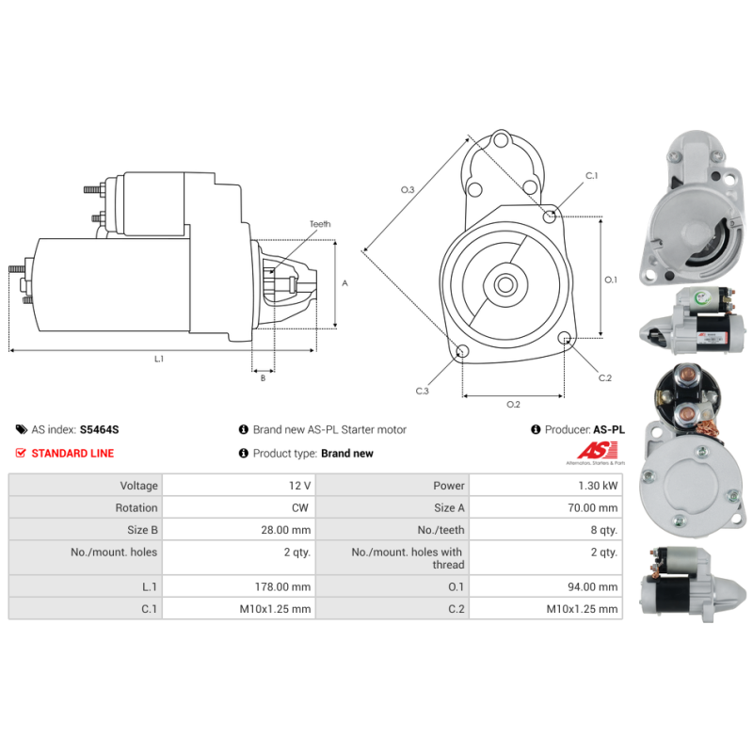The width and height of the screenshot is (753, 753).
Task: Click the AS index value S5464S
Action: (99, 429)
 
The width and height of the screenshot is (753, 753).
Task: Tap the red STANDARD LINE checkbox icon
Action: (21, 453)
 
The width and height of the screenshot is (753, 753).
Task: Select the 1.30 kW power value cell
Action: (546, 486)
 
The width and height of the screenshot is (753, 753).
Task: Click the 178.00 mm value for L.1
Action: (239, 586)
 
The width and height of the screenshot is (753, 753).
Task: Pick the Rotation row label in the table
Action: (136, 507)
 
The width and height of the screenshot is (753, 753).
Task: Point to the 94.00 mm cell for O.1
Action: (546, 586)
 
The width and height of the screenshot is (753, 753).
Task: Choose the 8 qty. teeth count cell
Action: (546, 530)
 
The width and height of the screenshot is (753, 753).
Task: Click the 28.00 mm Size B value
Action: (239, 530)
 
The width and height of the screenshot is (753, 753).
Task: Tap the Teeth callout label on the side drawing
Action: (320, 224)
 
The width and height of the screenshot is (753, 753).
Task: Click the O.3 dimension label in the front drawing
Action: (408, 190)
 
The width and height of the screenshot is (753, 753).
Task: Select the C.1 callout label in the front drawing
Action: (592, 176)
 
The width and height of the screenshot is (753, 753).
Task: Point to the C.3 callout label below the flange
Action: (422, 391)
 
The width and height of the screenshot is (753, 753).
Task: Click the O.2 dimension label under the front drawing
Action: (513, 405)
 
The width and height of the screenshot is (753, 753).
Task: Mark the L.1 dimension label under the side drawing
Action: (159, 359)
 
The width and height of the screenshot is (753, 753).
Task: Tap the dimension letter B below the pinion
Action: (263, 378)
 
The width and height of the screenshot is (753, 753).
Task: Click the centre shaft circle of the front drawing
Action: (505, 284)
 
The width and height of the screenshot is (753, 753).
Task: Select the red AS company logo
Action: (597, 451)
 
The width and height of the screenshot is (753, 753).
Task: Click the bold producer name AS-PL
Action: (609, 429)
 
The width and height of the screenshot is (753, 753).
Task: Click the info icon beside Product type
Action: (244, 453)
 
